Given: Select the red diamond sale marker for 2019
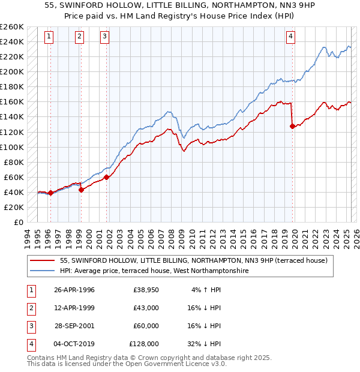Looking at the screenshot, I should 292,126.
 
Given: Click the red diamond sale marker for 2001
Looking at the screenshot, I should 106,177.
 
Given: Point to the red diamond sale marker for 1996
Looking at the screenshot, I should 50,193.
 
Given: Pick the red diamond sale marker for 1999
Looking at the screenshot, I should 80,190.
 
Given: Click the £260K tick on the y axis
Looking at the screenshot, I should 11,27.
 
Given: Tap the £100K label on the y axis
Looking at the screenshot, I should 11,147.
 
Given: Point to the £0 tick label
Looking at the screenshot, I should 19,222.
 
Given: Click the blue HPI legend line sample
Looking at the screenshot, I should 43,271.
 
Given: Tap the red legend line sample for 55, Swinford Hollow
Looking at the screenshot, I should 43,261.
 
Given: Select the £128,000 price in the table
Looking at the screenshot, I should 144,344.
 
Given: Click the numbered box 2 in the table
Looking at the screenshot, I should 31,308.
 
